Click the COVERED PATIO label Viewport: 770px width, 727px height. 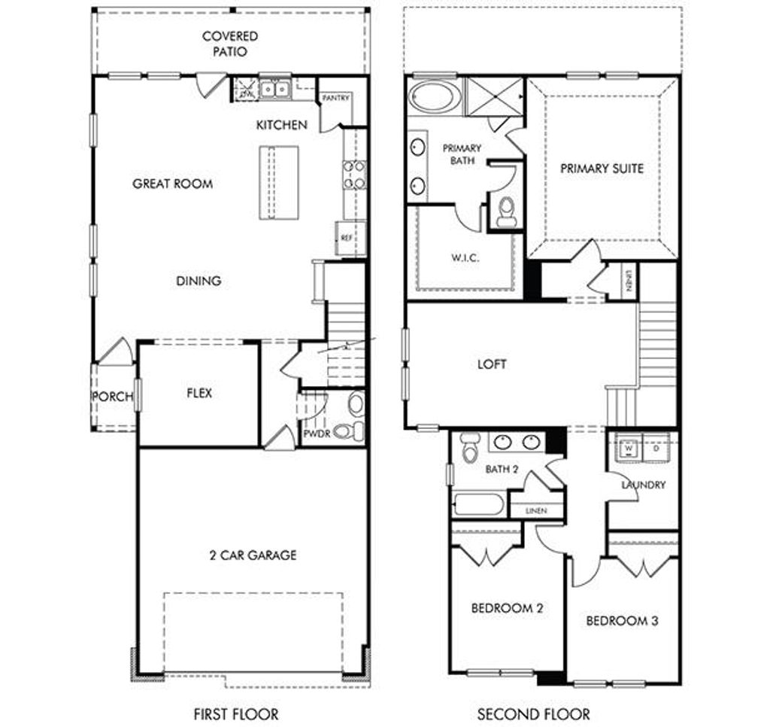[x=229, y=44]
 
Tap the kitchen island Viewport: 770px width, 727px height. [x=279, y=182]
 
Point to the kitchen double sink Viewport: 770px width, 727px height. [x=275, y=90]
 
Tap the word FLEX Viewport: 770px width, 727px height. [x=199, y=393]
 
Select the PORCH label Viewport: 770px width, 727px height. [x=112, y=397]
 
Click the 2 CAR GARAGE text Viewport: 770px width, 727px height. [x=252, y=555]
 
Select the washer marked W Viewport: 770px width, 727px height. [x=628, y=448]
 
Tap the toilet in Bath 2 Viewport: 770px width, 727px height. [x=470, y=448]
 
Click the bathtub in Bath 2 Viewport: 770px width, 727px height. [x=480, y=504]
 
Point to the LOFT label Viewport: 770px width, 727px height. [x=492, y=364]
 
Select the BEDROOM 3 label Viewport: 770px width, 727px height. [x=622, y=621]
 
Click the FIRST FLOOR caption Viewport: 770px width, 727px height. [x=235, y=713]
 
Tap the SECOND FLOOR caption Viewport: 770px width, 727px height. [x=534, y=713]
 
